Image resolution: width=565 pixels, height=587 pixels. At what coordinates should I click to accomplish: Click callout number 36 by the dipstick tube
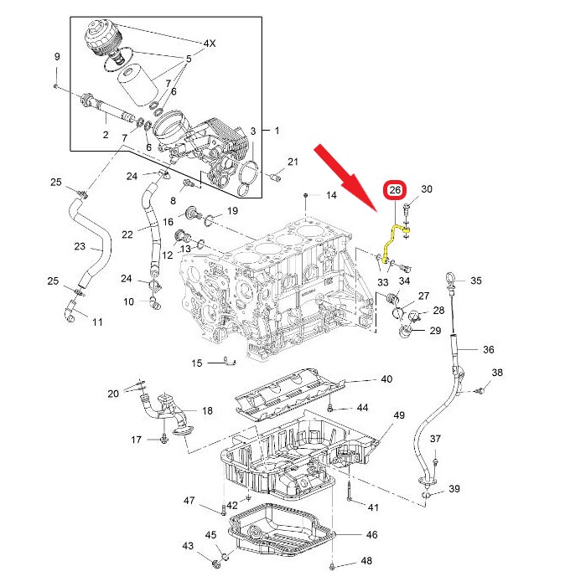[x=489, y=349]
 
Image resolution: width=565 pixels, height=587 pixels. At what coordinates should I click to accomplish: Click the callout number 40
[x=386, y=379]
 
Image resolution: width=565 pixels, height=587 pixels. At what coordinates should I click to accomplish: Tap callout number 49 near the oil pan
[x=398, y=416]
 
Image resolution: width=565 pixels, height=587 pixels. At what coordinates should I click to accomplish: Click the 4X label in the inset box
[x=209, y=43]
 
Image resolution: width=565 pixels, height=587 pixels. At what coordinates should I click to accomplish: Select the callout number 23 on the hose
[x=80, y=246]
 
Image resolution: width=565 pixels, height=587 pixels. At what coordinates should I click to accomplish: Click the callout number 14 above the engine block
[x=331, y=195]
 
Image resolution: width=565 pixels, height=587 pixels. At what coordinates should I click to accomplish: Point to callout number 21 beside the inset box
[x=293, y=162]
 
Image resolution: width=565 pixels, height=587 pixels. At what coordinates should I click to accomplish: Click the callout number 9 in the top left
[x=57, y=57]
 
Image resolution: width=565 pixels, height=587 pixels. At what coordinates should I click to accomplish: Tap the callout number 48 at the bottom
[x=366, y=561]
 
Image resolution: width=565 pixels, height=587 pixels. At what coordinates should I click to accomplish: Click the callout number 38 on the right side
[x=497, y=373]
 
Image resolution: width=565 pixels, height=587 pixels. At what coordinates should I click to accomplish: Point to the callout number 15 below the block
[x=197, y=363]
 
